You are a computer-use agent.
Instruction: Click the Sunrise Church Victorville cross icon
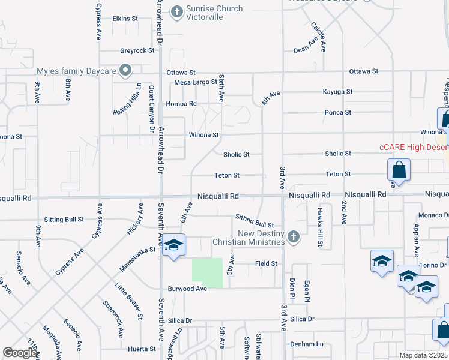(x=176, y=10)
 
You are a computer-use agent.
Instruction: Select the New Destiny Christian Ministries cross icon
(x=293, y=236)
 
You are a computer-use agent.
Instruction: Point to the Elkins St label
(x=125, y=19)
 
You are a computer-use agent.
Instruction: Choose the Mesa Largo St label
(x=195, y=83)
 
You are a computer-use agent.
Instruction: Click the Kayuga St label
(x=337, y=92)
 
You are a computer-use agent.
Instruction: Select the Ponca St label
(x=337, y=113)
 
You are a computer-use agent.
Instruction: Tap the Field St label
(x=266, y=263)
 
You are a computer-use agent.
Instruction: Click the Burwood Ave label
(x=187, y=289)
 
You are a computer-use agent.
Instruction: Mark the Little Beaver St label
(x=130, y=302)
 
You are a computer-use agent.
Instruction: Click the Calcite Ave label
(x=321, y=36)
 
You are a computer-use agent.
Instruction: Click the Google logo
(x=20, y=353)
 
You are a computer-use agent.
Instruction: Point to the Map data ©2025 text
(x=423, y=355)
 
